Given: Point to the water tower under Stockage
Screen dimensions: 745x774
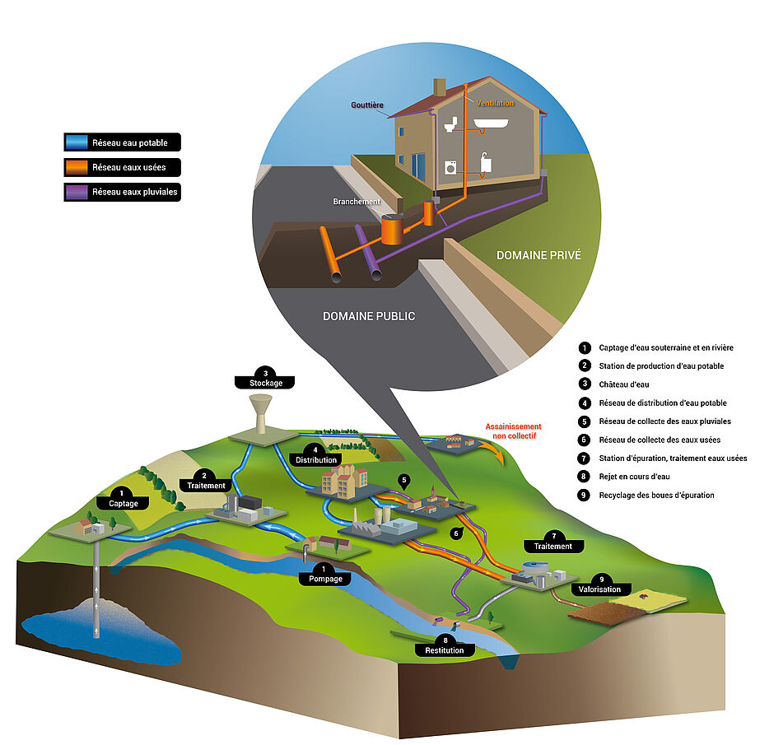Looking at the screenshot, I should pos(261,412).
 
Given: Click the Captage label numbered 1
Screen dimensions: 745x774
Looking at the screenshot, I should pos(123,502).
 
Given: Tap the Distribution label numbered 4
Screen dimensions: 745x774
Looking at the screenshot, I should pos(315,459).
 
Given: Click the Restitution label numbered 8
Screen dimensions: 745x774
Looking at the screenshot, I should pos(445,650).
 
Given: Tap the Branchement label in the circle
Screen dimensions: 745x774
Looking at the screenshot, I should pos(357,202).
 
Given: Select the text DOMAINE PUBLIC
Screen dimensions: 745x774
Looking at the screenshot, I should pos(369,316).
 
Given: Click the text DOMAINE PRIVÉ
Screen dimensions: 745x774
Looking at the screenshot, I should pos(539,255).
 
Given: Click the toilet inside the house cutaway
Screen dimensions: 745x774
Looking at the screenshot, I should pos(450,124).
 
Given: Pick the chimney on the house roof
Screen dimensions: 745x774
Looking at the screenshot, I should pos(440,87).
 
